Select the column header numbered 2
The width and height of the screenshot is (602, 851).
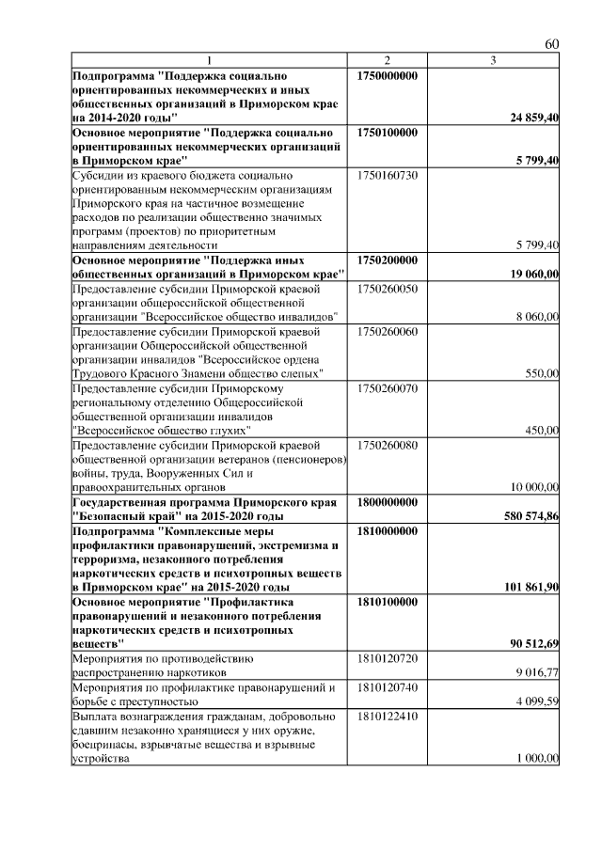click(x=388, y=62)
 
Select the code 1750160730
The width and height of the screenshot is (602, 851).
click(x=388, y=175)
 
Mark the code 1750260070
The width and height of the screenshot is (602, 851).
click(x=388, y=387)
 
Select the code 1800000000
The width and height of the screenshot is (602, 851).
click(x=388, y=502)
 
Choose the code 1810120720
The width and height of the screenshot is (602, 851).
click(x=388, y=658)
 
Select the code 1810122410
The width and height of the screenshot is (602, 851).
click(x=388, y=716)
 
